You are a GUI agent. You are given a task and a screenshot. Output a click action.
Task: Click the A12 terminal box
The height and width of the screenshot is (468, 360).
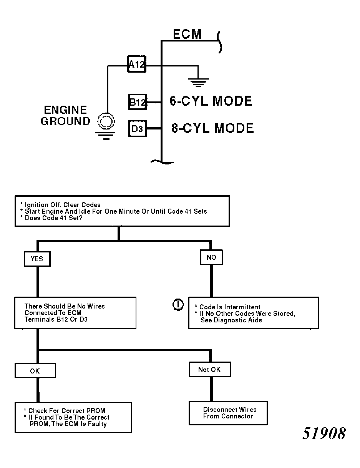[x=137, y=64]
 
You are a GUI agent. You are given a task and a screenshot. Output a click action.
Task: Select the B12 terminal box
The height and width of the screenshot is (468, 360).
[x=138, y=102]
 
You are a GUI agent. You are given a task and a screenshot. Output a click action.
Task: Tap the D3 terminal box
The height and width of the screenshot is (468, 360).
[x=138, y=129]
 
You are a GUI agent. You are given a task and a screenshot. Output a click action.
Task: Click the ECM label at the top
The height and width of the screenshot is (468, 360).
[x=187, y=34]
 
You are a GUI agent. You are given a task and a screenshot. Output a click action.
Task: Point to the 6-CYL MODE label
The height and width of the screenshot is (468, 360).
[x=211, y=101]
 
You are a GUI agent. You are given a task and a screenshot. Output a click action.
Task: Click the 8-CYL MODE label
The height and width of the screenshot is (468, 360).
[x=212, y=128]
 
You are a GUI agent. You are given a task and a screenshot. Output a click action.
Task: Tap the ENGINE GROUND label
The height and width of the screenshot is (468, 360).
[x=65, y=115]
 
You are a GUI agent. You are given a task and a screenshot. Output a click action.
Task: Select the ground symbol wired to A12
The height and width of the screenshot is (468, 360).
[x=198, y=83]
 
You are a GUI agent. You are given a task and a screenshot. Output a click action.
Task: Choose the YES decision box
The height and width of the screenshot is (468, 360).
[x=37, y=259]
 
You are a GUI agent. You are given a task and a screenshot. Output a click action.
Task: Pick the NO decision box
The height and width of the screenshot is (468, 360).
[x=211, y=257]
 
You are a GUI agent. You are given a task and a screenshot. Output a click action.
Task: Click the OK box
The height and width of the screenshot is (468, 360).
[x=35, y=370]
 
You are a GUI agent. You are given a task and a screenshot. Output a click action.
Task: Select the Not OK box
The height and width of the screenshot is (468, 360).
[x=210, y=369]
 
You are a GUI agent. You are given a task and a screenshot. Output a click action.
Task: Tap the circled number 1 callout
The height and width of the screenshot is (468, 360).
[x=178, y=305]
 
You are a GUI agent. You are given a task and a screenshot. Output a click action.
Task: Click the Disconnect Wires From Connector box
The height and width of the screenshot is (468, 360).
[x=228, y=413]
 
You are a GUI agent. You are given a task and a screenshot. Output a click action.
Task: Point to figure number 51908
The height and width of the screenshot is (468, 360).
[x=324, y=433]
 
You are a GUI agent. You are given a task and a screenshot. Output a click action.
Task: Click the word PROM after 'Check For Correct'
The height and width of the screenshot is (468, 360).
[x=96, y=410]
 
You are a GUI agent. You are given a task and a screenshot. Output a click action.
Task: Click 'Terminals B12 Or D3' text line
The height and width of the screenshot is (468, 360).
[x=56, y=319]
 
